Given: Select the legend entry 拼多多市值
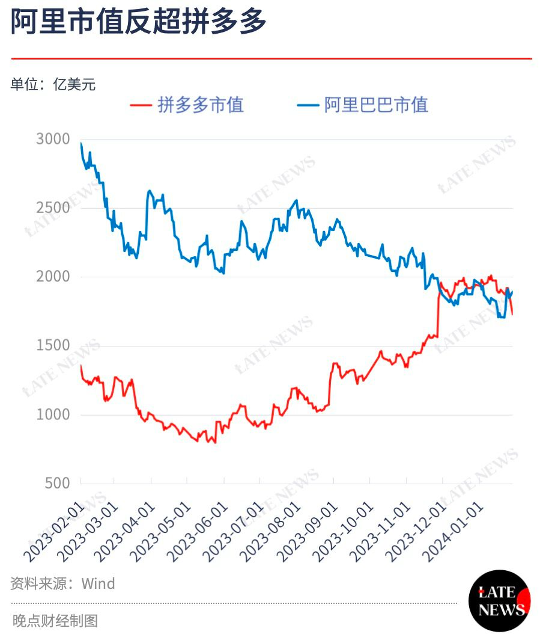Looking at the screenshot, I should [187, 105].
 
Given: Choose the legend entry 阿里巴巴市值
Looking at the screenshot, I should [363, 105].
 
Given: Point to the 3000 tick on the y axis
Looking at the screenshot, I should [53, 140].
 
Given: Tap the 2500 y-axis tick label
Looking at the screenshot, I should [53, 208].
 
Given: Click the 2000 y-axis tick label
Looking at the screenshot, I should [53, 277].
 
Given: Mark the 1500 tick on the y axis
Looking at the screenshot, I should [53, 346].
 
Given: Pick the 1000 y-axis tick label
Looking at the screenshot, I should [53, 414].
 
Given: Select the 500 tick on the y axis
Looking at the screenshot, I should [58, 483].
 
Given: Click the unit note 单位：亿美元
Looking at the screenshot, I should [53, 85].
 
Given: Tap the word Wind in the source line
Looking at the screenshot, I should [98, 583].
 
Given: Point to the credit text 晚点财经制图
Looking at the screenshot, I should [55, 620].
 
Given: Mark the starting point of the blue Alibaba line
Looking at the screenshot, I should [81, 144].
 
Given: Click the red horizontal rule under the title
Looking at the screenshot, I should [271, 58].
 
